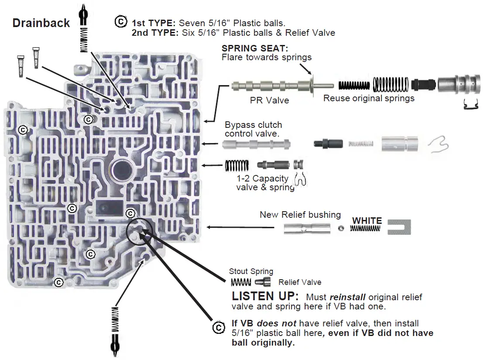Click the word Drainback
click(x=41, y=23)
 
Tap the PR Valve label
click(x=269, y=100)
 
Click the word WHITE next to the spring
click(x=367, y=221)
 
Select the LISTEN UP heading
click(x=265, y=296)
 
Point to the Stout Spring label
click(x=251, y=272)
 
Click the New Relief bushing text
click(x=300, y=215)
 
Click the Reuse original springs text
click(x=368, y=99)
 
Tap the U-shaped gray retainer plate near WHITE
click(x=398, y=227)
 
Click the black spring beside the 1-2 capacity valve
click(x=237, y=165)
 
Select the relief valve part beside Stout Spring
click(x=263, y=282)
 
